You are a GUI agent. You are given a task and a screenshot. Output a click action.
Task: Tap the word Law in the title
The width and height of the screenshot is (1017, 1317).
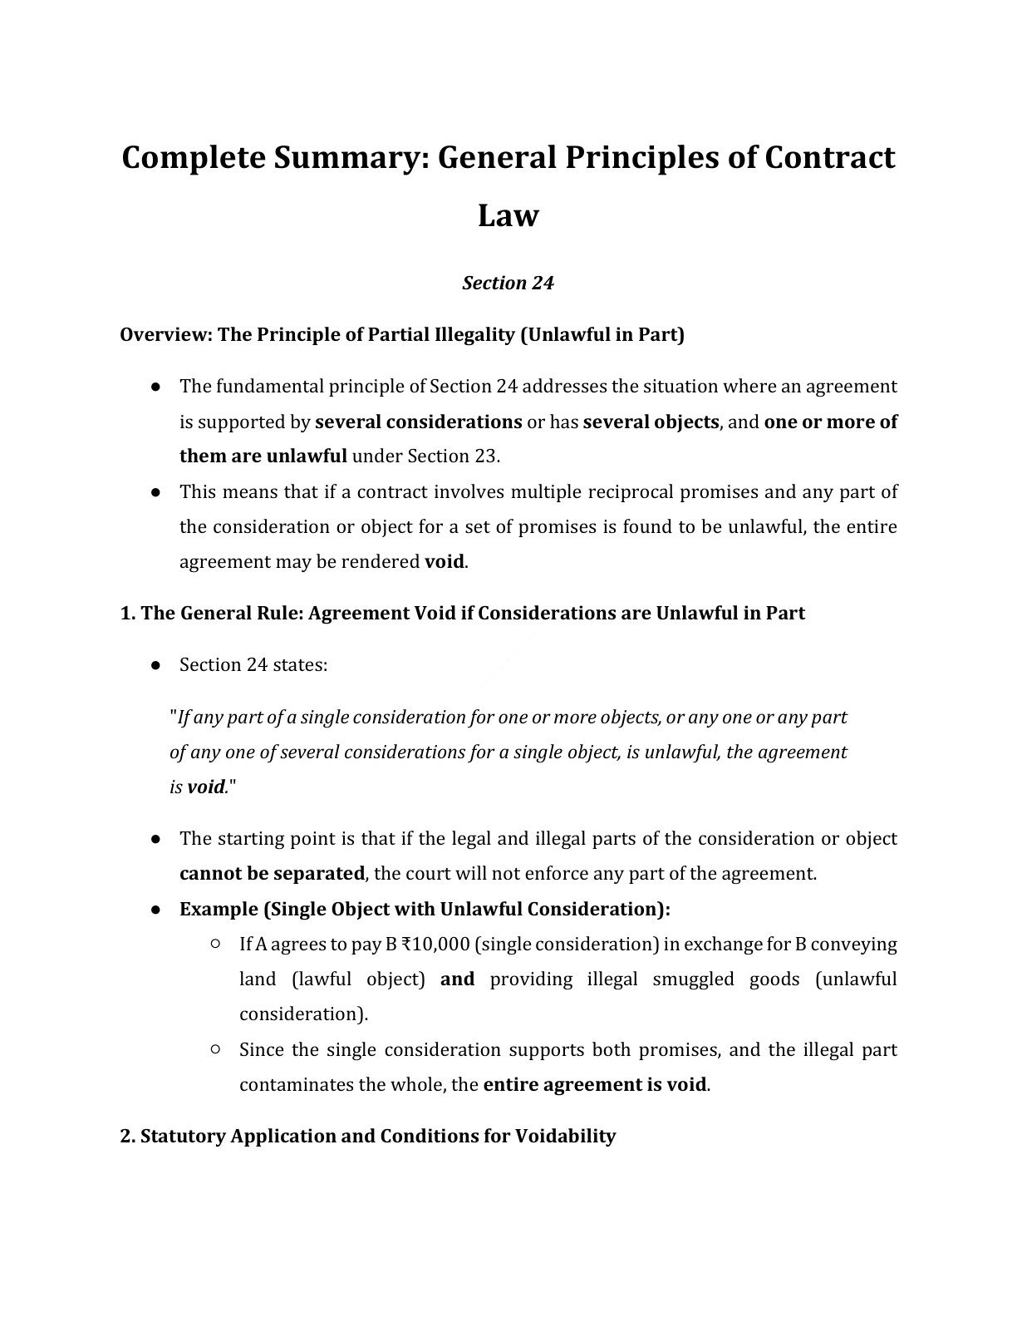coord(508,215)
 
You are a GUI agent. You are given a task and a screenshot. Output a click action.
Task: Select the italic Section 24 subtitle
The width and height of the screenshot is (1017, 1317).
coord(508,284)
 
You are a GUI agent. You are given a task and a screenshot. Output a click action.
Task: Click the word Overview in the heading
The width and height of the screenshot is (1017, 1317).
coord(164,335)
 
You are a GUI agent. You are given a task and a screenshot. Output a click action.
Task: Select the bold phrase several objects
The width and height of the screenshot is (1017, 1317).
coord(651,422)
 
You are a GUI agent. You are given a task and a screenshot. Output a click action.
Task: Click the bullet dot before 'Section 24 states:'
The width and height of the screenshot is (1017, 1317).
coord(155,665)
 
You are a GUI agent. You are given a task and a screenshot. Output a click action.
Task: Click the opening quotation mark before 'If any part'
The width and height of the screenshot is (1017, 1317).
coord(173,717)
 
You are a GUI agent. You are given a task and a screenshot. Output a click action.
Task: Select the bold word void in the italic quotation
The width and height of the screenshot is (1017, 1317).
coord(206,787)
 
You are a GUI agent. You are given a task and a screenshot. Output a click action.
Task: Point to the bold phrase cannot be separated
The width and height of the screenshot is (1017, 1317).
coord(272,874)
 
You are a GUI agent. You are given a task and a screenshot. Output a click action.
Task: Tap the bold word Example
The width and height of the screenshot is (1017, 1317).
coord(219,909)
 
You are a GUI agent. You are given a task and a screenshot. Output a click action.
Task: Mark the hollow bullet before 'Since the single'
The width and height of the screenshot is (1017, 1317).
coord(215,1049)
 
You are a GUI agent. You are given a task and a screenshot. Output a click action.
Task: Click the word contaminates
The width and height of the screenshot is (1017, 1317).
coord(296,1085)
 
